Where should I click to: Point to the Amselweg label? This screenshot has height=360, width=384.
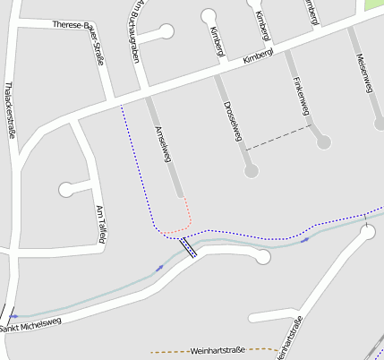(163, 141)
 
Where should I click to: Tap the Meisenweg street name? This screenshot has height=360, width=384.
(363, 72)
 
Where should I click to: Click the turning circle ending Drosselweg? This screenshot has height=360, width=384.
(251, 169)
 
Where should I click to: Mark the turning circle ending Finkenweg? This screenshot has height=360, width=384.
(323, 141)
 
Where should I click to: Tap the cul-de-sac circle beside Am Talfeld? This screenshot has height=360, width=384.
(66, 190)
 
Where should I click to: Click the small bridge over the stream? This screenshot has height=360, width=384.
(188, 246)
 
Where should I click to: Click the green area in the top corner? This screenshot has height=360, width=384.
(373, 4)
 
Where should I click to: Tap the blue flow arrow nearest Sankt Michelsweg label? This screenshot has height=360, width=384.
(13, 316)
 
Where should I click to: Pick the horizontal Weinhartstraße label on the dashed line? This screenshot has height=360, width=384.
(217, 352)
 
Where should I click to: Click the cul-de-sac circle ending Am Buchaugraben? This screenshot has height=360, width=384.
(166, 31)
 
